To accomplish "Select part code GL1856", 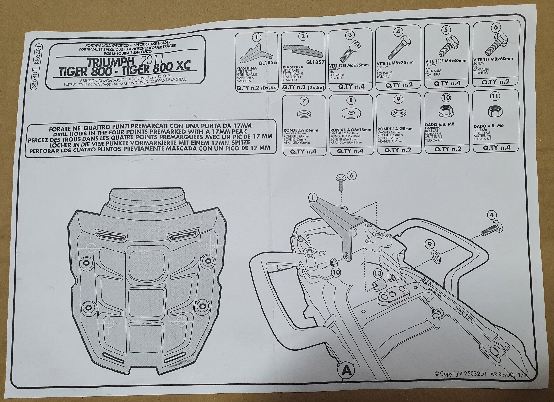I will [267, 63].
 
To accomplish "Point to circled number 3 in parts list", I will [350, 35].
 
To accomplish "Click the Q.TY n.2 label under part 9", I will [398, 150].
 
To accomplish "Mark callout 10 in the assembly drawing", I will [336, 273].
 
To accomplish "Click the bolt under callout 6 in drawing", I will [341, 185].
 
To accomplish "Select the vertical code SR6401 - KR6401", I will [33, 66].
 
